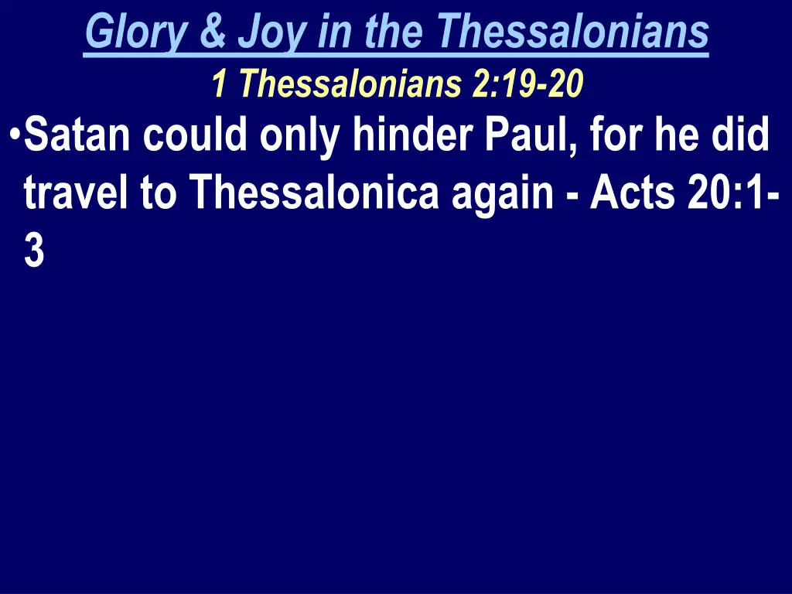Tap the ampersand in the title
click(x=210, y=32)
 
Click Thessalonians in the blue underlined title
click(x=572, y=32)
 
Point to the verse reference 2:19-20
click(x=526, y=84)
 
